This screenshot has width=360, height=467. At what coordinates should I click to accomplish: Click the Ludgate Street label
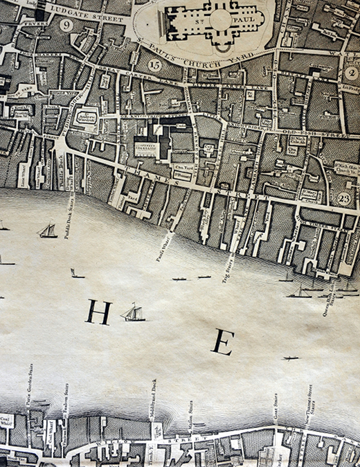[90, 11]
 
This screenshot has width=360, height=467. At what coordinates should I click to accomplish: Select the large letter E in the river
[222, 342]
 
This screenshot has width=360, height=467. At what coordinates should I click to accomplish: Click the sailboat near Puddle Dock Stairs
[48, 230]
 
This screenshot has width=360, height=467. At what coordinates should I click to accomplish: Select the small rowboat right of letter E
[290, 358]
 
